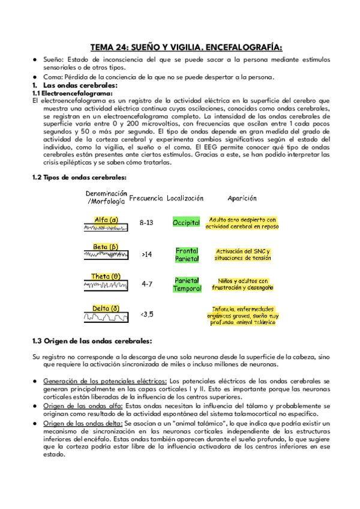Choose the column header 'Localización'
(x=185, y=197)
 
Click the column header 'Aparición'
(x=242, y=197)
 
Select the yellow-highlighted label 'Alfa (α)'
(x=106, y=219)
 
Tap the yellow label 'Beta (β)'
(x=106, y=247)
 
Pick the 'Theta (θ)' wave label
(x=106, y=276)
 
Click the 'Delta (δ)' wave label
(x=106, y=309)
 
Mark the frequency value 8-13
(x=146, y=223)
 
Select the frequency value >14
(x=146, y=254)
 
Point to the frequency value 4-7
(x=146, y=284)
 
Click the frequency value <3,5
(x=146, y=313)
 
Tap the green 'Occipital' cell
(x=186, y=223)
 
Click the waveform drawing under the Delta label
(x=106, y=317)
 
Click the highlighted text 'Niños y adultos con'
(x=242, y=280)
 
